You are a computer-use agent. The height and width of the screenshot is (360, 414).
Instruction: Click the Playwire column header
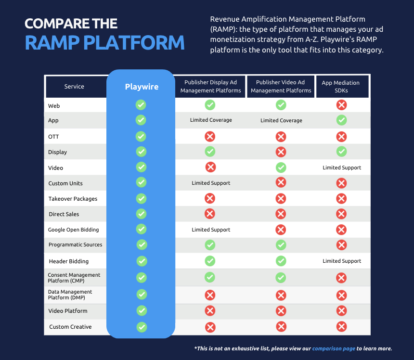(141, 87)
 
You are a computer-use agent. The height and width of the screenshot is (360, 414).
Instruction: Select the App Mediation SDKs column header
(341, 87)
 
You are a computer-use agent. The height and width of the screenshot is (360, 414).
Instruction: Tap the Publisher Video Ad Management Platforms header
(281, 87)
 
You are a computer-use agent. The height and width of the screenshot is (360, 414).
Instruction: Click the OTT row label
(53, 137)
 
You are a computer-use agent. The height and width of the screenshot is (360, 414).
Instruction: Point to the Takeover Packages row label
(73, 199)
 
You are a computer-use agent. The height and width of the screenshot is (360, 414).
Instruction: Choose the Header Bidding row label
(69, 261)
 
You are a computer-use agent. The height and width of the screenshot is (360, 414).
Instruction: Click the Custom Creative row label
(70, 327)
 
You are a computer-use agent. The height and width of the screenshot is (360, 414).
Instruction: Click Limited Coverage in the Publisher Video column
(281, 120)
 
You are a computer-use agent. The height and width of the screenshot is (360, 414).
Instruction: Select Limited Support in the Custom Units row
(211, 183)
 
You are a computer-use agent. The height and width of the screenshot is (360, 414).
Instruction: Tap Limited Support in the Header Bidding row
(342, 261)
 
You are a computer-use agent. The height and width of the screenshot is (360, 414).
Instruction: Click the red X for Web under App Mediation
(341, 105)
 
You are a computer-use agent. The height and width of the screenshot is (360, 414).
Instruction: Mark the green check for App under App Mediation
(341, 120)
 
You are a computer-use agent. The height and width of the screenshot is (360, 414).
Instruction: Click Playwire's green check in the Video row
(141, 167)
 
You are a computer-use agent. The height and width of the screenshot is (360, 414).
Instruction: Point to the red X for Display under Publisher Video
(281, 152)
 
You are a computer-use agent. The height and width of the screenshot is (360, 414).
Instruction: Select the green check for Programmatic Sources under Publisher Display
(210, 245)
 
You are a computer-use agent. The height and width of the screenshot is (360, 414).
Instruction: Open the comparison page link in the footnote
(334, 348)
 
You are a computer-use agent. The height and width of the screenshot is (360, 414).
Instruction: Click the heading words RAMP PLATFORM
(104, 42)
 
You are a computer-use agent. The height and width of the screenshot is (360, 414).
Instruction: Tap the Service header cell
(74, 87)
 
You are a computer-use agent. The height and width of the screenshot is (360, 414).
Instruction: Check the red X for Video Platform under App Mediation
(341, 311)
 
